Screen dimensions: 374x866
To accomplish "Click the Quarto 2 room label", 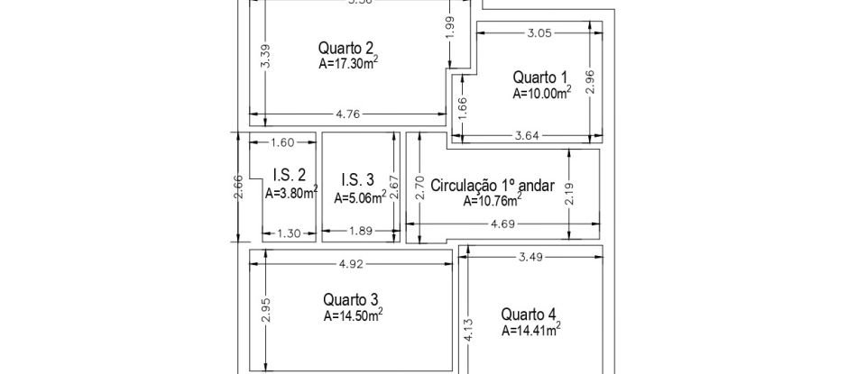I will pyautogui.click(x=347, y=49).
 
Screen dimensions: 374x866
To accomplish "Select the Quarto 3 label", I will pyautogui.click(x=350, y=300).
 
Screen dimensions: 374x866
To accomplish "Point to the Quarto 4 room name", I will pyautogui.click(x=529, y=315).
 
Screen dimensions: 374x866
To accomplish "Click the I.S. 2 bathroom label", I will pyautogui.click(x=289, y=176).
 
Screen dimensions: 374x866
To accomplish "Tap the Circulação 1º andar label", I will pyautogui.click(x=493, y=186).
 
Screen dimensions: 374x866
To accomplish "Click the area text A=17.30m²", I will pyautogui.click(x=347, y=64).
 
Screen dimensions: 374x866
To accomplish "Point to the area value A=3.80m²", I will pyautogui.click(x=290, y=192).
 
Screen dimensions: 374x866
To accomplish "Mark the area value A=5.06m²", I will pyautogui.click(x=360, y=196).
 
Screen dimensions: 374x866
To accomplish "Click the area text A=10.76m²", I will pyautogui.click(x=493, y=201).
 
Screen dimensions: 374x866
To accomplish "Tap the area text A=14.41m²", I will pyautogui.click(x=530, y=330).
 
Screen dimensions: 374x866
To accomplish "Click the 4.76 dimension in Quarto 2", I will pyautogui.click(x=347, y=114).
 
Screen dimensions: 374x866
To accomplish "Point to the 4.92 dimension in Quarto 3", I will pyautogui.click(x=350, y=265).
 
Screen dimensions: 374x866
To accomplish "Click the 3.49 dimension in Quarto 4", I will pyautogui.click(x=530, y=257).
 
